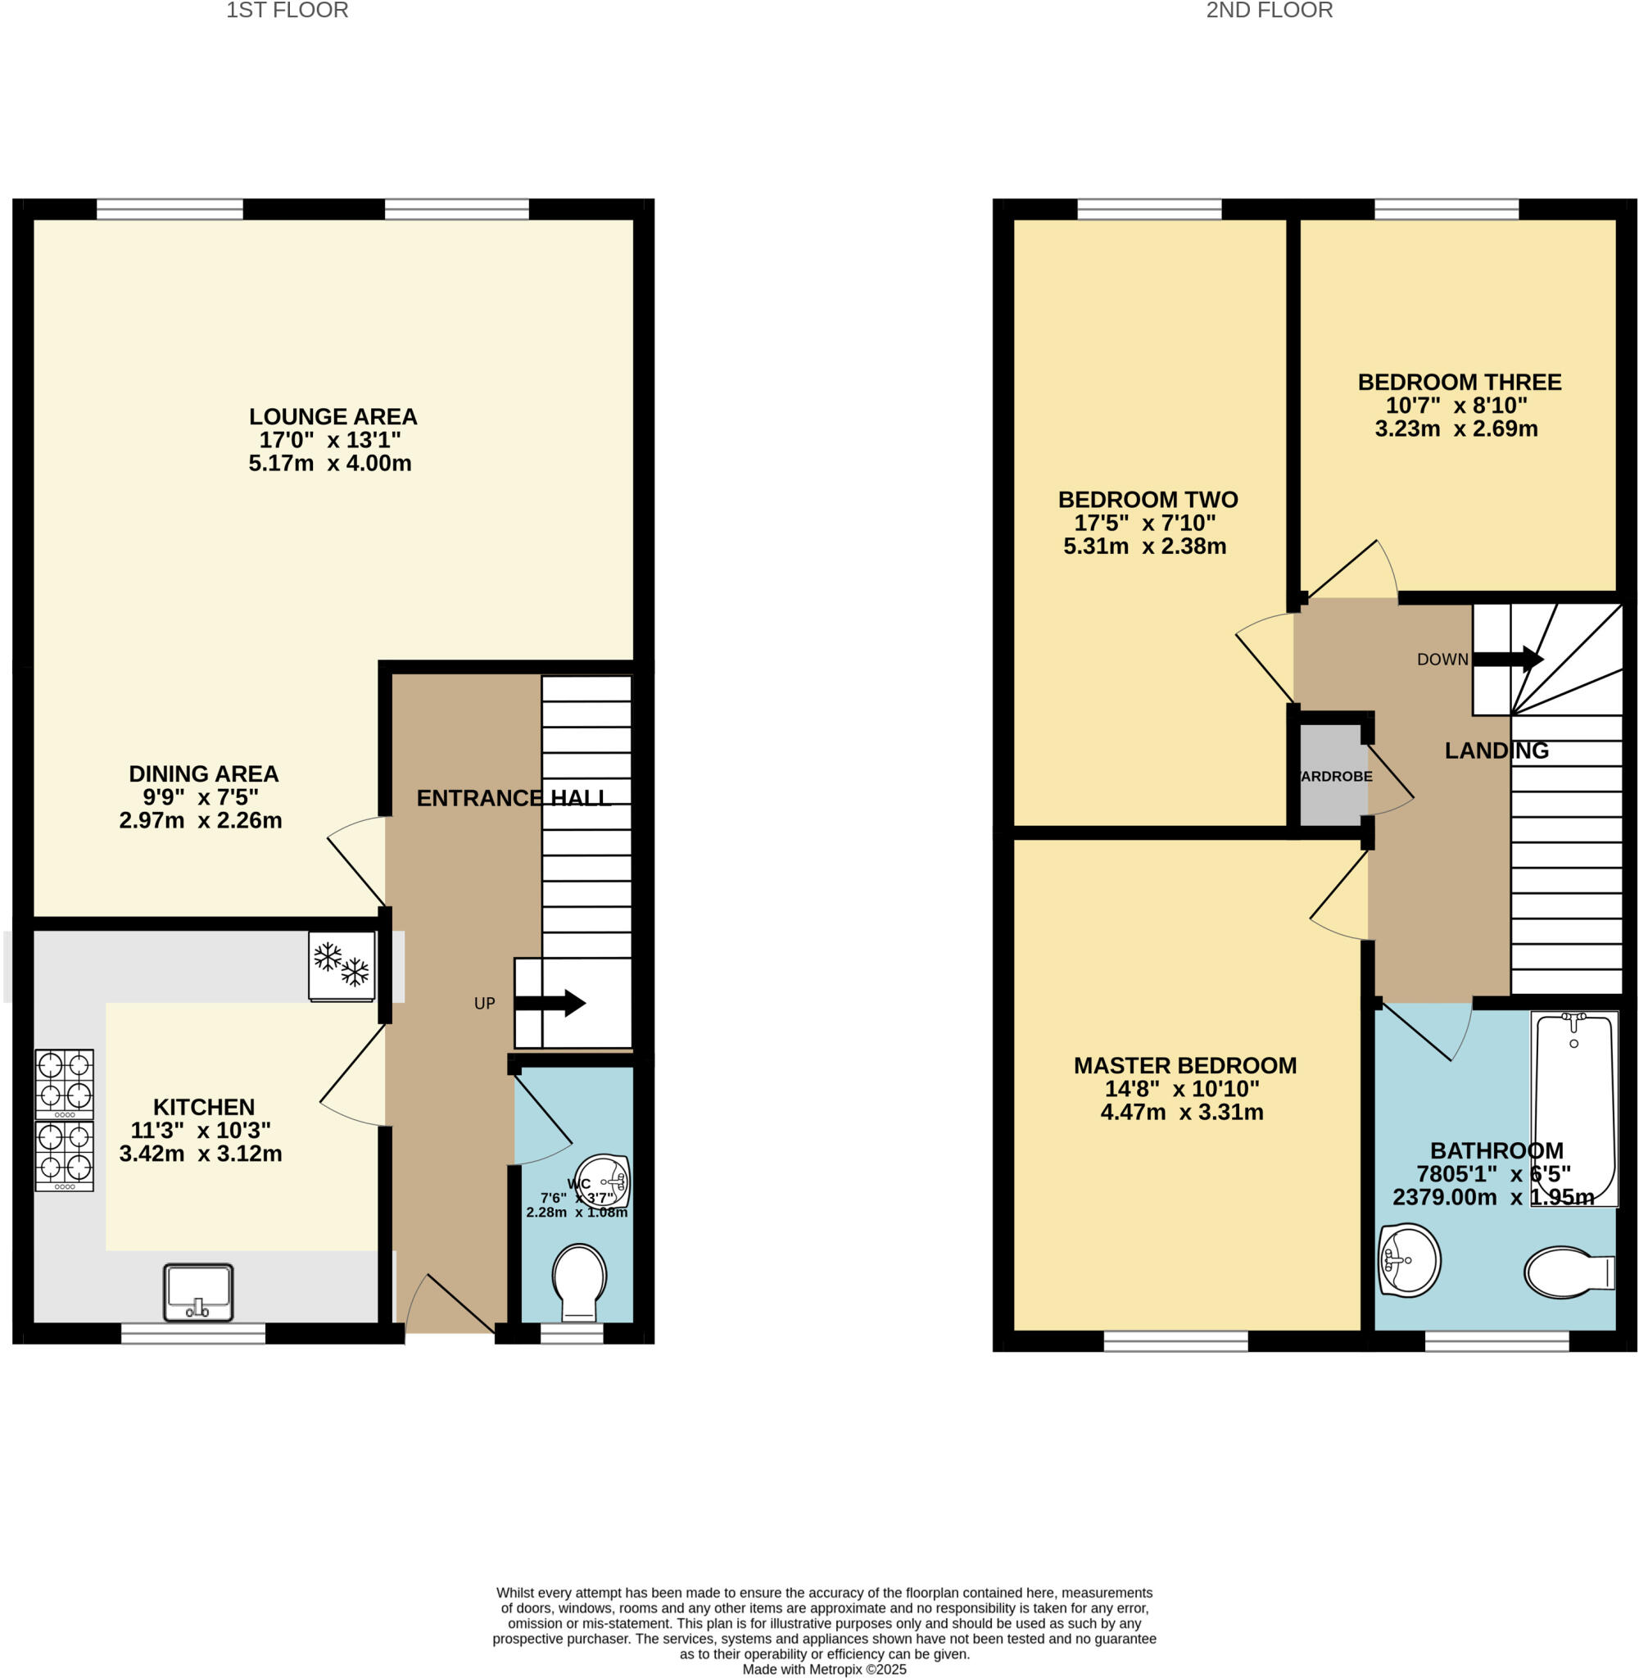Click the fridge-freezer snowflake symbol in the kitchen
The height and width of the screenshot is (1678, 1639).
(x=342, y=964)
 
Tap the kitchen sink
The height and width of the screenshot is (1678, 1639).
(x=198, y=1291)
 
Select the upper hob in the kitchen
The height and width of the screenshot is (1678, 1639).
(x=65, y=1082)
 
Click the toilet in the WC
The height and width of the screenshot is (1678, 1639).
(x=579, y=1281)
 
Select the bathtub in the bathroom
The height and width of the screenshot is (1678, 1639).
(x=1573, y=1109)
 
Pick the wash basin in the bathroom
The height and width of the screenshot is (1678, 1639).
(x=1408, y=1260)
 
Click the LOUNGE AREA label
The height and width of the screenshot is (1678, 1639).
(x=333, y=417)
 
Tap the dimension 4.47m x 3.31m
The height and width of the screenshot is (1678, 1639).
(x=1182, y=1113)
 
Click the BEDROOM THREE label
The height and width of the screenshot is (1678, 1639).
(x=1459, y=383)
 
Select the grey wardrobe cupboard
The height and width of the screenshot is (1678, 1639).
(x=1332, y=775)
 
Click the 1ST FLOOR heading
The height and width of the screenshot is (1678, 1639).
(x=287, y=11)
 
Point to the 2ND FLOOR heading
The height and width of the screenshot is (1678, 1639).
(x=1269, y=11)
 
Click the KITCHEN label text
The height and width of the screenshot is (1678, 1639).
(x=204, y=1107)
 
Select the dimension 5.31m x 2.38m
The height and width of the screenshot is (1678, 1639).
(x=1145, y=546)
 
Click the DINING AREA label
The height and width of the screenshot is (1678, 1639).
(x=204, y=774)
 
